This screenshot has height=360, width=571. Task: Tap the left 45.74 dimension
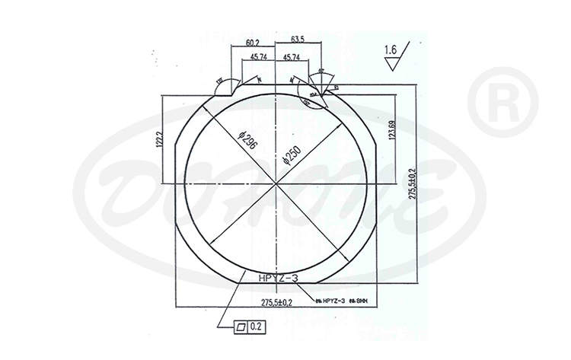tap(257, 58)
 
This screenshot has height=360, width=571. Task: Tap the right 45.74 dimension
tap(290, 58)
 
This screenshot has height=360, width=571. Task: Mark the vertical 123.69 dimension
tap(391, 134)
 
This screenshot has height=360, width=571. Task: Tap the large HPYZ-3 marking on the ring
tap(279, 279)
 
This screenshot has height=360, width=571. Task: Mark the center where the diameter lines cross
tap(275, 183)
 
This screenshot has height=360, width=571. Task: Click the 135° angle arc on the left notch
tap(222, 84)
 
